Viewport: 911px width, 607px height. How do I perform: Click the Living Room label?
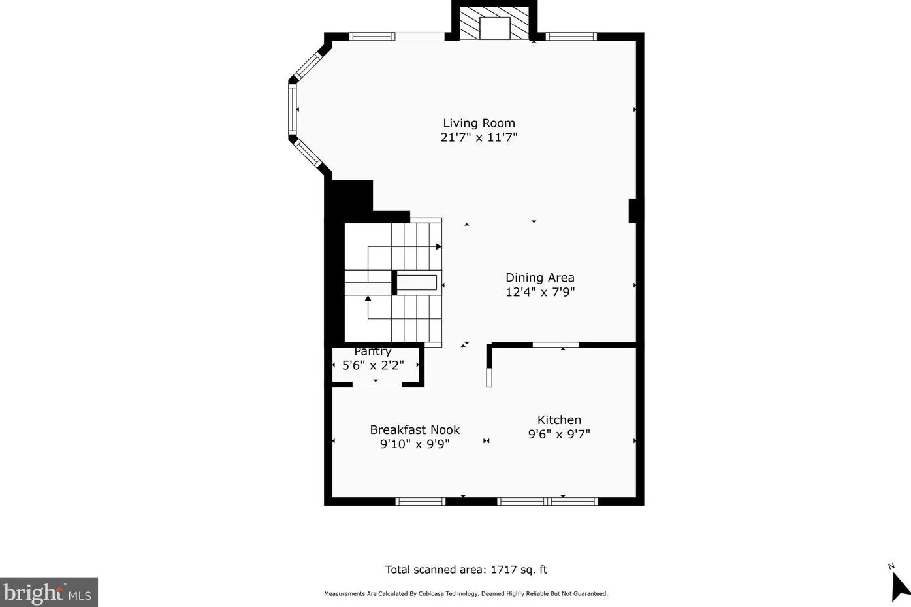tap(479, 123)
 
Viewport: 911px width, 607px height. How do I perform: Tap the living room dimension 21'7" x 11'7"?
tap(479, 137)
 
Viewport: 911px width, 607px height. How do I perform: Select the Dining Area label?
tap(539, 278)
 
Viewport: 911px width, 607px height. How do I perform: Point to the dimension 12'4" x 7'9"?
tap(539, 292)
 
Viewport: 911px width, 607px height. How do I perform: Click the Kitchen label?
tap(559, 420)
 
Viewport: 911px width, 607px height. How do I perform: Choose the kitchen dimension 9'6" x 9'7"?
tap(559, 434)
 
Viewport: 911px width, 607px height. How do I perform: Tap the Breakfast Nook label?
tap(415, 430)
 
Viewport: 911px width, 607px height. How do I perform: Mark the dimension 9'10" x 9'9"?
tap(415, 444)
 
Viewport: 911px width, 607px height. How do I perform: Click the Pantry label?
tap(373, 352)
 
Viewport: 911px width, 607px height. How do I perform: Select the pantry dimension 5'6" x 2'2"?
tap(373, 365)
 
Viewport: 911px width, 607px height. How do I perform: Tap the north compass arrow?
tap(900, 585)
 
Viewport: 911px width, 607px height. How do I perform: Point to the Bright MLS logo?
tap(48, 593)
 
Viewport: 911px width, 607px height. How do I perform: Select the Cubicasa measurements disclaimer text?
tap(466, 594)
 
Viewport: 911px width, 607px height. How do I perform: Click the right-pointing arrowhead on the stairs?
tap(439, 246)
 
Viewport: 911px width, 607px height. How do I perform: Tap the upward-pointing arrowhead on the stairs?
tap(368, 299)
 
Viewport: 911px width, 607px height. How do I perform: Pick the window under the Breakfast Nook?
tap(420, 501)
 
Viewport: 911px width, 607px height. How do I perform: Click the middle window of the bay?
tap(293, 110)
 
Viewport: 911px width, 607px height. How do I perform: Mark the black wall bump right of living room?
tap(632, 211)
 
